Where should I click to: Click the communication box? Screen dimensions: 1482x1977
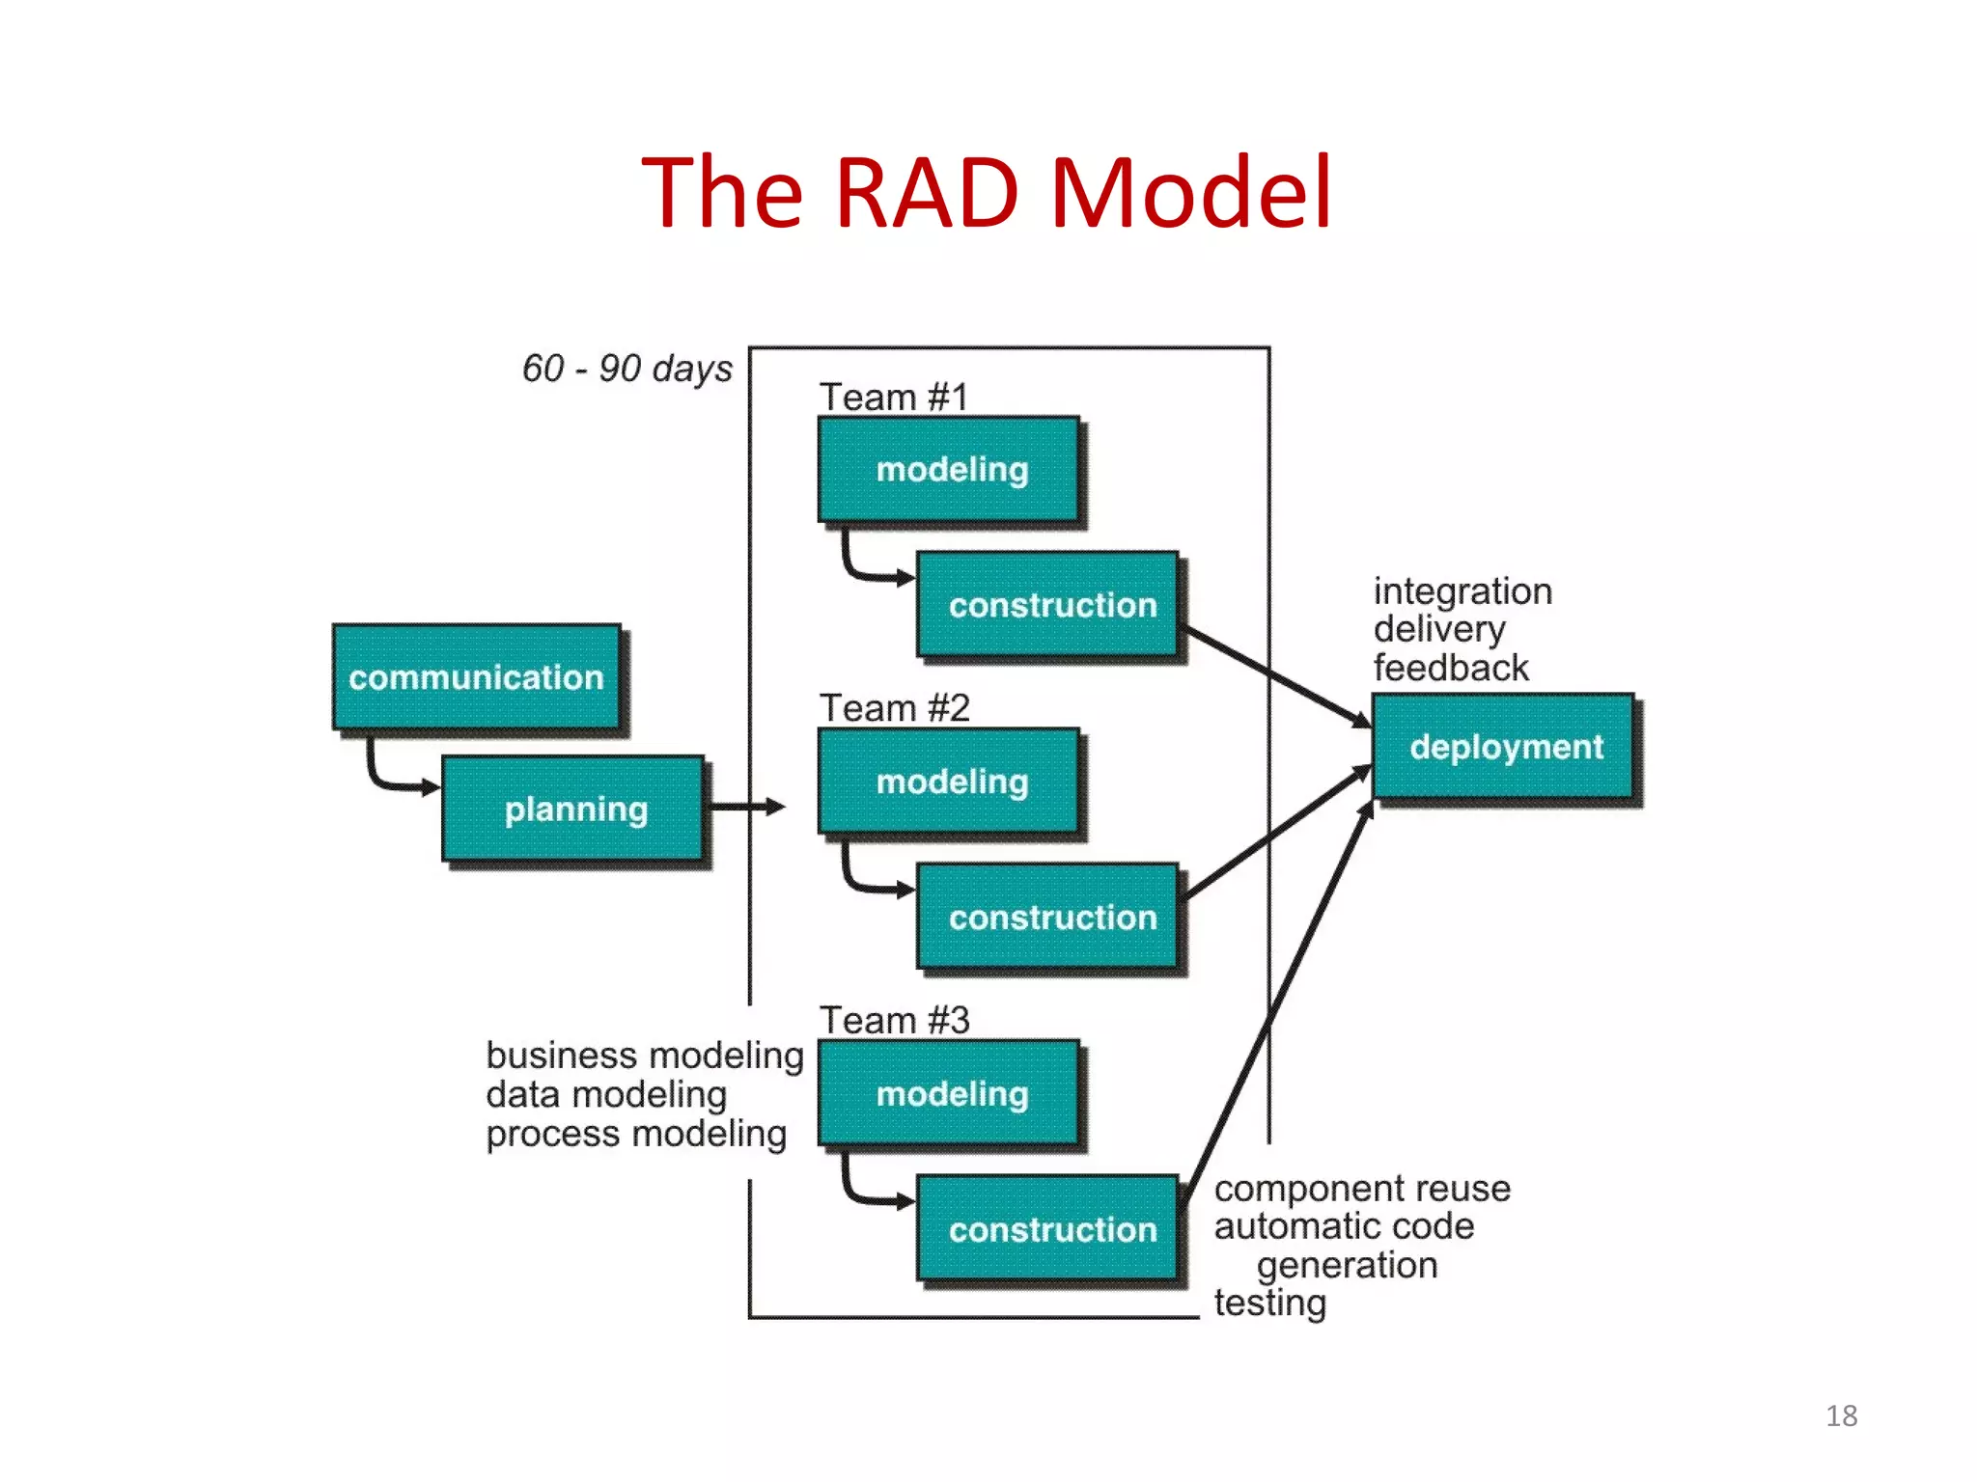(476, 677)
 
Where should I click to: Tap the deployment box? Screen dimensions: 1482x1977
(1504, 747)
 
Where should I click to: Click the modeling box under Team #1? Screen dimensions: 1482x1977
(950, 470)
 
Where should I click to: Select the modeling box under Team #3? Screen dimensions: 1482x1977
(950, 1093)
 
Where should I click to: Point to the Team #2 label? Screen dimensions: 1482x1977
(894, 708)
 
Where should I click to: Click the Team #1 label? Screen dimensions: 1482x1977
(893, 397)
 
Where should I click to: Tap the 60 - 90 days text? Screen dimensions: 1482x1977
(627, 368)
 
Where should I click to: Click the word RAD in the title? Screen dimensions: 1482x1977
(926, 192)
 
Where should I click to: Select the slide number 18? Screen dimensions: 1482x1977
(1841, 1415)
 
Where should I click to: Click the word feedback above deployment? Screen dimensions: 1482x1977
(1450, 668)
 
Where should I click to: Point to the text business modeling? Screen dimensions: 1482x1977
(644, 1055)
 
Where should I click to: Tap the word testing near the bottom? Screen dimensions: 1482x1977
(1269, 1303)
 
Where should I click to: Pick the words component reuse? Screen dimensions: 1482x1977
(1361, 1188)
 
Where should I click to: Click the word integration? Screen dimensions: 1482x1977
(1462, 590)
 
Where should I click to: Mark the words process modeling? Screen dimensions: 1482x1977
(635, 1134)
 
